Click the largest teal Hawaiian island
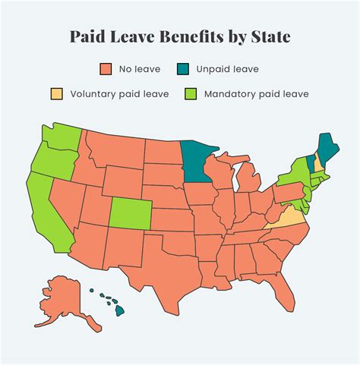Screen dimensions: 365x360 point(119,309)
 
